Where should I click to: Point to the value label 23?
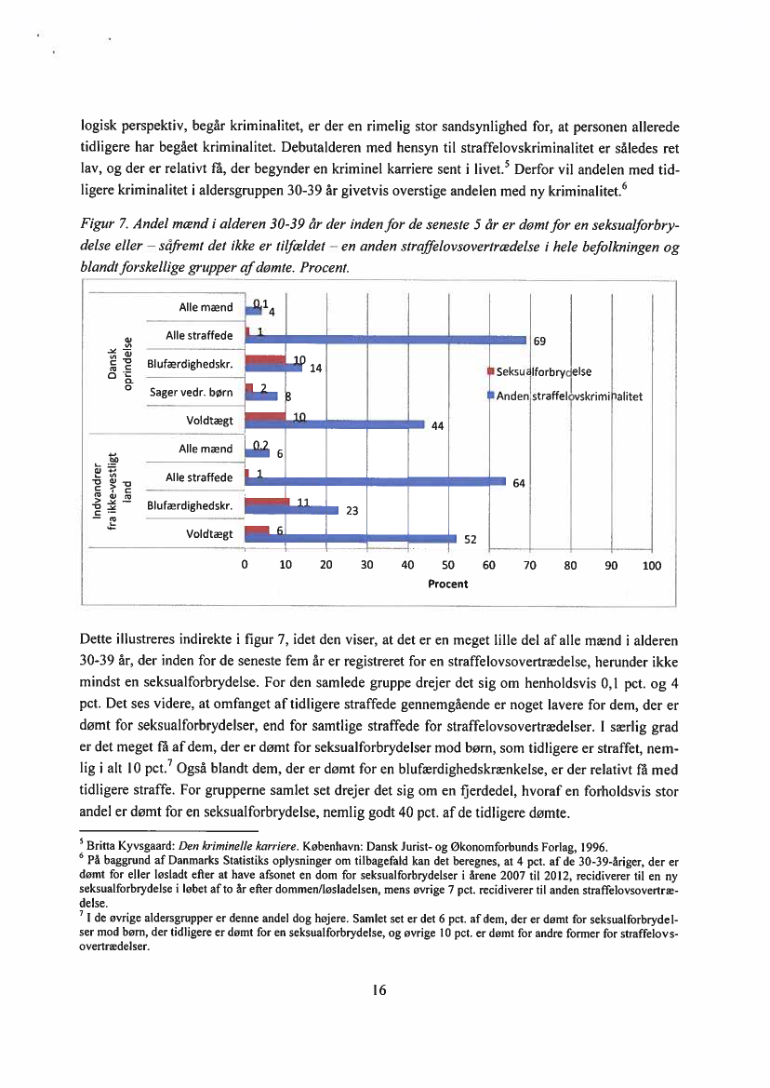[352, 510]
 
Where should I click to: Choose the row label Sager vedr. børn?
[191, 392]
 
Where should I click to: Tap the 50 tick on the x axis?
[447, 565]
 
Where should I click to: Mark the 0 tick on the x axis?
[244, 565]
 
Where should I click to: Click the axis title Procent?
[447, 584]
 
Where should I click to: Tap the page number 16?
[378, 988]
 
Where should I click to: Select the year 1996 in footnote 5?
[593, 846]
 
